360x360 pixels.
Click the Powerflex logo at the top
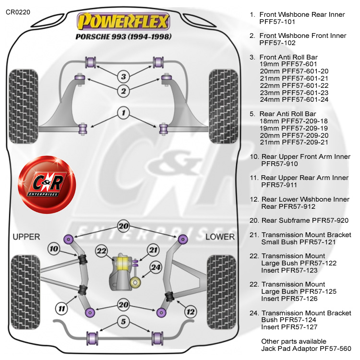(124, 21)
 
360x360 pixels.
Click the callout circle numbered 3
(123, 76)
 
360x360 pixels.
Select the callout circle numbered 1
(123, 113)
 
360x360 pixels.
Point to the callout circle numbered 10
(53, 249)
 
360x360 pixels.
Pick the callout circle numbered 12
(191, 312)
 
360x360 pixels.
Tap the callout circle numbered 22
(101, 250)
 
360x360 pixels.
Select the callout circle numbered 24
(155, 267)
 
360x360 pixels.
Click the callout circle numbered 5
(123, 322)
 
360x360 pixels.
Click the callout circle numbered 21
(153, 250)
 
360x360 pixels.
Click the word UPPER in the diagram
(26, 237)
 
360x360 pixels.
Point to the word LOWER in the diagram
(220, 237)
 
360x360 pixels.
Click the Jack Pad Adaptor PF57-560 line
(306, 348)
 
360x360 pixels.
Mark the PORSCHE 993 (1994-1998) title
(123, 36)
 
